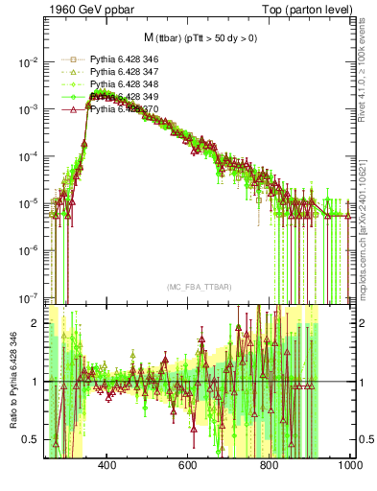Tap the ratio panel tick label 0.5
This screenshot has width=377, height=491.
pos(31,439)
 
